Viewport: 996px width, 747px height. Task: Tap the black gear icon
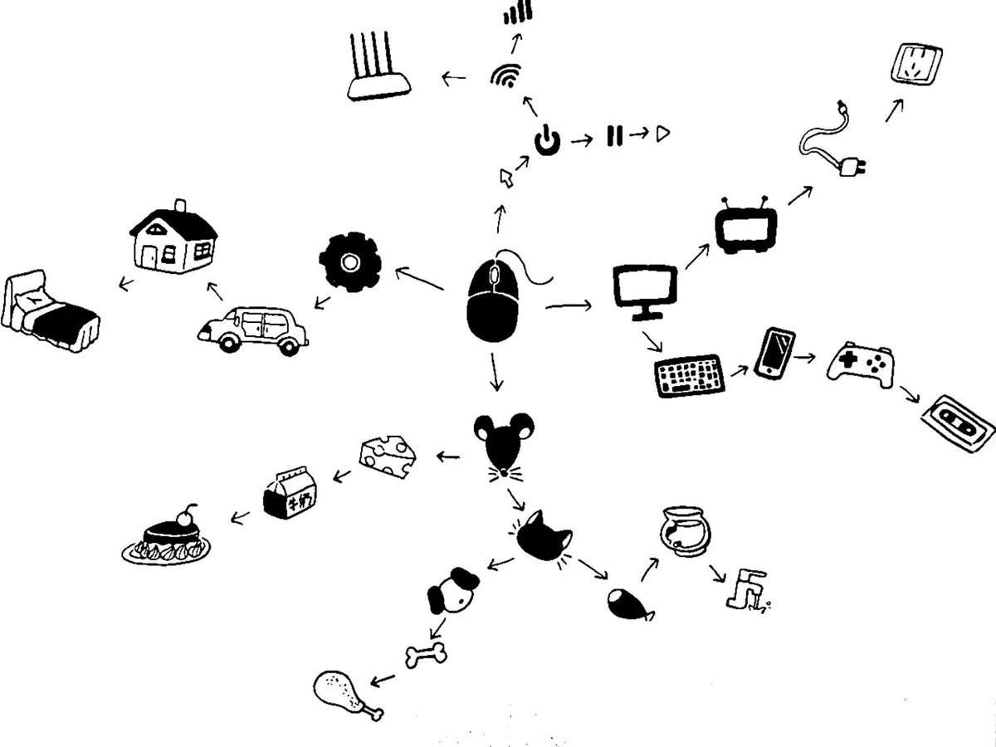pyautogui.click(x=349, y=261)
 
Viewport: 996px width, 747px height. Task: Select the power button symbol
pyautogui.click(x=546, y=141)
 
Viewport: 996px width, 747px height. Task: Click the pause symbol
pyautogui.click(x=614, y=134)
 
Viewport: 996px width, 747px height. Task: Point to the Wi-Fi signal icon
pyautogui.click(x=504, y=76)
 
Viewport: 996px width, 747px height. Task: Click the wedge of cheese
pyautogui.click(x=388, y=455)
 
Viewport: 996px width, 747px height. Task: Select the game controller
pyautogui.click(x=860, y=364)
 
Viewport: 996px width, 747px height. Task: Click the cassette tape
pyautogui.click(x=957, y=422)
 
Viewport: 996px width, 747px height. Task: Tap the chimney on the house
pyautogui.click(x=179, y=206)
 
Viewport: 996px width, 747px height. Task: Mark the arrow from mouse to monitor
pyautogui.click(x=569, y=307)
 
